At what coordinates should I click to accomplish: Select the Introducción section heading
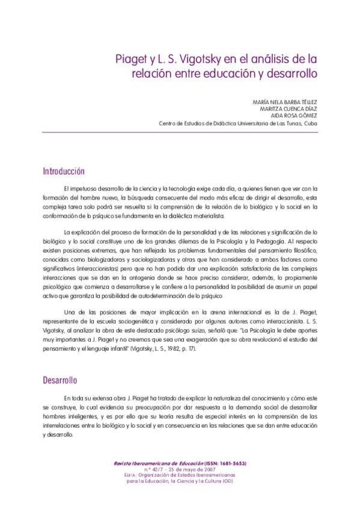tap(67, 171)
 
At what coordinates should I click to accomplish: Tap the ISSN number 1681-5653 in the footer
tap(230, 464)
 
